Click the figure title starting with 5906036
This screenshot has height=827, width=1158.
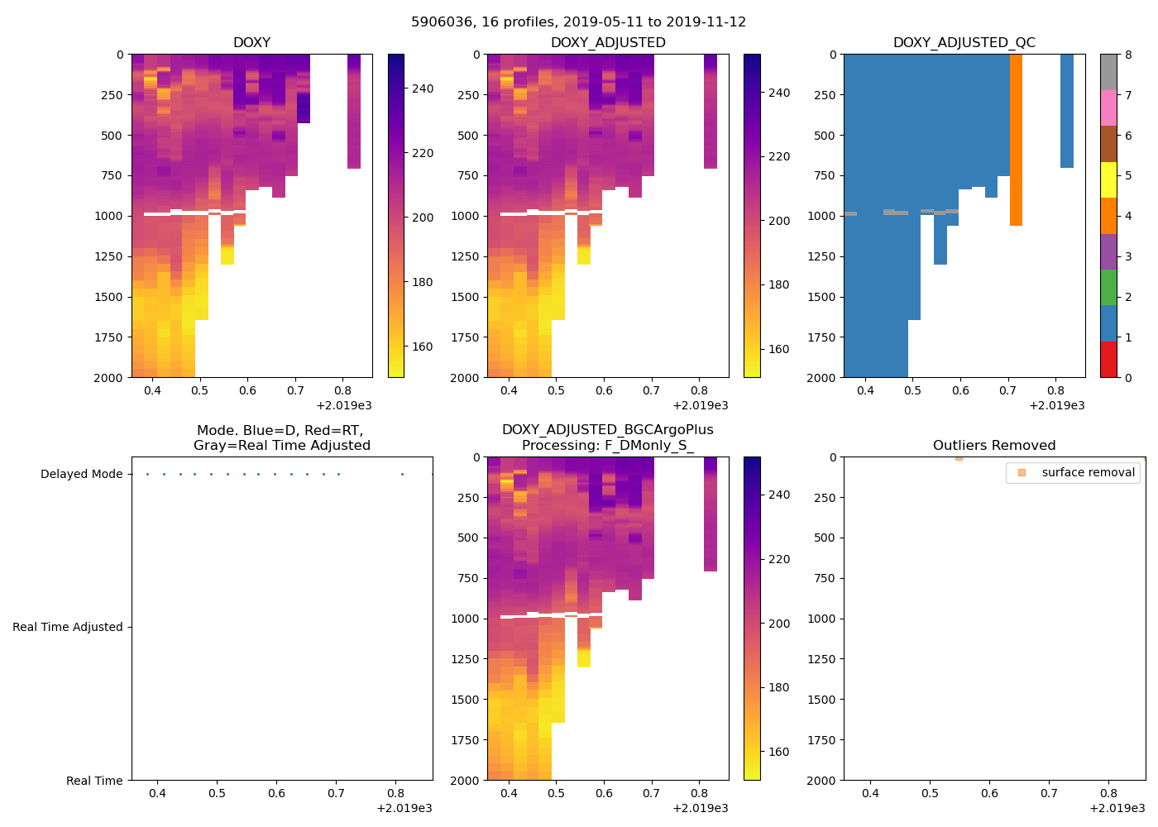578,22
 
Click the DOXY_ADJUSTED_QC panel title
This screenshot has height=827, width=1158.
964,43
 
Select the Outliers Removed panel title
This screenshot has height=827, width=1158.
993,446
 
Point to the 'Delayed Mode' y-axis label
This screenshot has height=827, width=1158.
81,475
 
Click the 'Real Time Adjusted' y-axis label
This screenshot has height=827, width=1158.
67,628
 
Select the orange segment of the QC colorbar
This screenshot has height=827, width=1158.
1108,216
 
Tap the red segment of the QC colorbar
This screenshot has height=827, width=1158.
1108,360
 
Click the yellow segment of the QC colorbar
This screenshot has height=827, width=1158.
1108,179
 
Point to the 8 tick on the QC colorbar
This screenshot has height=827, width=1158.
1128,55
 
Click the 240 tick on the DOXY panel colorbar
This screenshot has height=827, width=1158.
423,88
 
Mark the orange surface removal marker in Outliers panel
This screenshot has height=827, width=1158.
959,457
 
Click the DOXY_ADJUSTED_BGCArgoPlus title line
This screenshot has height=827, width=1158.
607,430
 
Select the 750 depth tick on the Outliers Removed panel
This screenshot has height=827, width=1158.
821,579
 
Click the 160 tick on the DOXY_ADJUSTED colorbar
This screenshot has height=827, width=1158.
779,349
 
